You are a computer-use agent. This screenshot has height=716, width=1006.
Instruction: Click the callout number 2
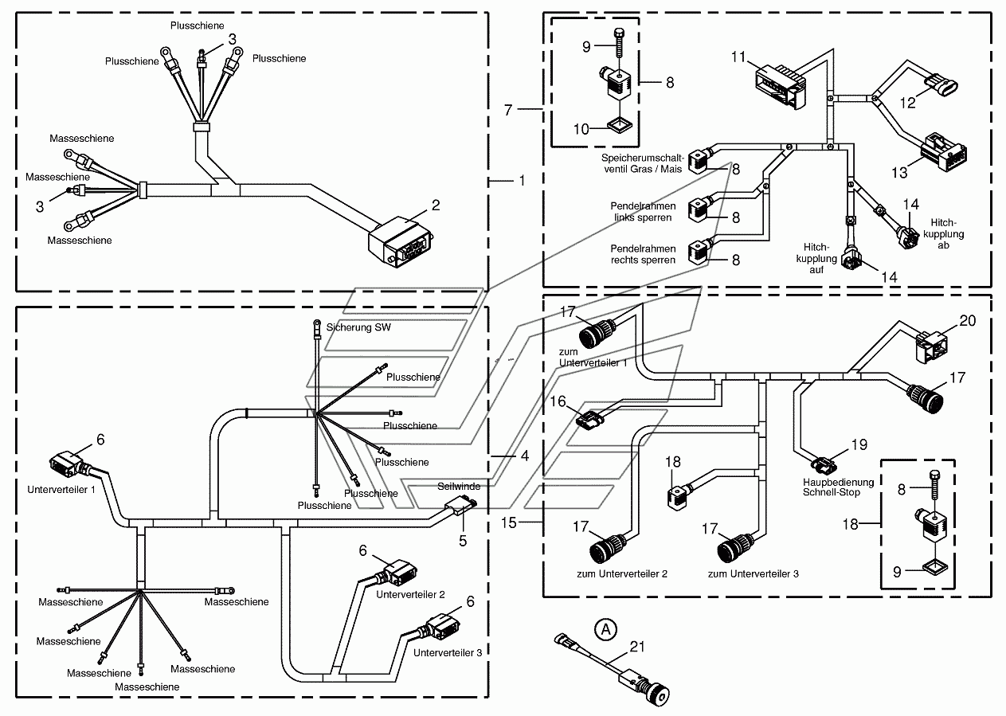click(x=435, y=205)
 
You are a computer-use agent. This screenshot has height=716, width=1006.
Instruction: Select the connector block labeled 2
click(x=400, y=243)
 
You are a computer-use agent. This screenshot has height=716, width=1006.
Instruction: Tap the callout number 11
click(x=738, y=57)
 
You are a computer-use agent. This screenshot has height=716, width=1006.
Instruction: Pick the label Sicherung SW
click(x=358, y=327)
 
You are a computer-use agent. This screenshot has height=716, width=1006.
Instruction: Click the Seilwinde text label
click(x=459, y=487)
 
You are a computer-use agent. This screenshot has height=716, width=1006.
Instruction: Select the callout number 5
click(x=463, y=541)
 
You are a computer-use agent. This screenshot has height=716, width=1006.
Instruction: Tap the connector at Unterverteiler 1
click(x=68, y=465)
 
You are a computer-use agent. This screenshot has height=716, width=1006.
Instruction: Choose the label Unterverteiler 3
click(x=448, y=652)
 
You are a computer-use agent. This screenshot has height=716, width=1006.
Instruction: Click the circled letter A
click(x=605, y=629)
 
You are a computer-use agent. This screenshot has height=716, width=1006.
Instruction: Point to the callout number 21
click(x=637, y=647)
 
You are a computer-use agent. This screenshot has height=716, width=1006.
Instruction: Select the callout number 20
click(x=968, y=321)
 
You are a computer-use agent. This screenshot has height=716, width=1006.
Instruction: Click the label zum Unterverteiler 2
click(x=622, y=573)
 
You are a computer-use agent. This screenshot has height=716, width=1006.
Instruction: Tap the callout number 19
click(x=859, y=444)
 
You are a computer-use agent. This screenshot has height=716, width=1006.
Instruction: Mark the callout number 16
click(x=558, y=401)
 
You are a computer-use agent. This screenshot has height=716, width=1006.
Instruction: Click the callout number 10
click(x=581, y=129)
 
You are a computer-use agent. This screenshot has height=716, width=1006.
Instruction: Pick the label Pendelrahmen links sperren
click(x=643, y=212)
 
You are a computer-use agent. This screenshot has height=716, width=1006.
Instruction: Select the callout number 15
click(x=509, y=522)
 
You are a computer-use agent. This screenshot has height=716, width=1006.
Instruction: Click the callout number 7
click(x=508, y=110)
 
